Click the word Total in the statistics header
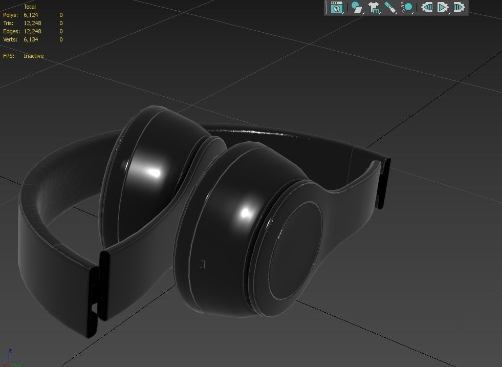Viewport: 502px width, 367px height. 30,7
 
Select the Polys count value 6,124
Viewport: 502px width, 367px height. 31,15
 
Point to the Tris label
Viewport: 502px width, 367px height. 8,23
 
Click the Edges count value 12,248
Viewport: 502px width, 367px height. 32,31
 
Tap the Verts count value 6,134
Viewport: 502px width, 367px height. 31,39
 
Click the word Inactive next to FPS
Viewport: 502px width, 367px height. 33,56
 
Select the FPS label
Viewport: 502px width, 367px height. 9,56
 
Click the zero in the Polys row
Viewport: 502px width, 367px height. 61,15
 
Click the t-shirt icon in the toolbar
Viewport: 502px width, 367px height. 374,7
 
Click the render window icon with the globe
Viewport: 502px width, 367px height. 336,7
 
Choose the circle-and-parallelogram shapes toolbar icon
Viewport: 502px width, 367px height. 356,7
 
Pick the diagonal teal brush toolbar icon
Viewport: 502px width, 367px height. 390,7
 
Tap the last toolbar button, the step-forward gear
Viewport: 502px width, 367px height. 459,7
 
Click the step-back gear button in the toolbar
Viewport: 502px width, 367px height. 427,7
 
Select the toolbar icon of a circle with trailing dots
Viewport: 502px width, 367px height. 407,7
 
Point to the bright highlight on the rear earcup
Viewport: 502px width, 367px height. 154,172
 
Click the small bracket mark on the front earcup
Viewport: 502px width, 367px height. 203,264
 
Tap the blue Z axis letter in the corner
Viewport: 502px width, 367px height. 10,352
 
